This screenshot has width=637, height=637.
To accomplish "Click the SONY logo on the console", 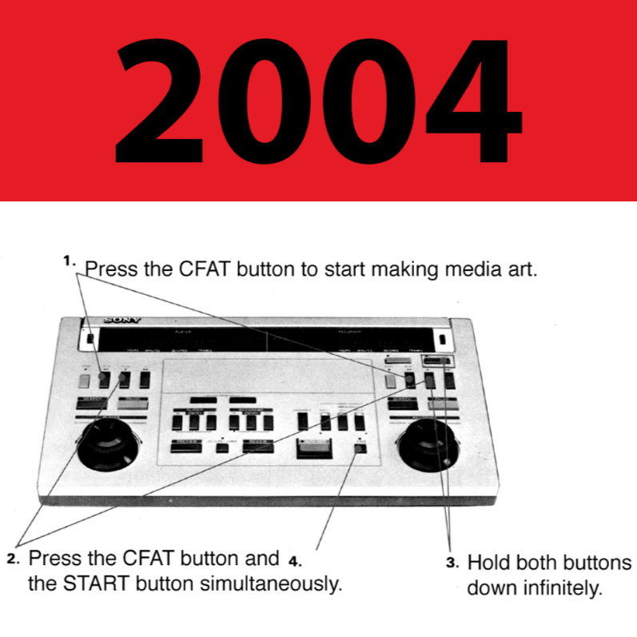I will (x=122, y=320).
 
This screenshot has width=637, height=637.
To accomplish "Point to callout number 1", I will (x=69, y=261).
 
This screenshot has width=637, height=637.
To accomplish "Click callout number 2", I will (x=12, y=559).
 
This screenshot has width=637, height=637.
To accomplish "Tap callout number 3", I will (x=452, y=562).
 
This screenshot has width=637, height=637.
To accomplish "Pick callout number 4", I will (x=294, y=559).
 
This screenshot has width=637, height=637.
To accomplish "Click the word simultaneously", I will (x=269, y=583).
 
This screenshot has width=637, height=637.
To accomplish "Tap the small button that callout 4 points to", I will (x=359, y=448).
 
